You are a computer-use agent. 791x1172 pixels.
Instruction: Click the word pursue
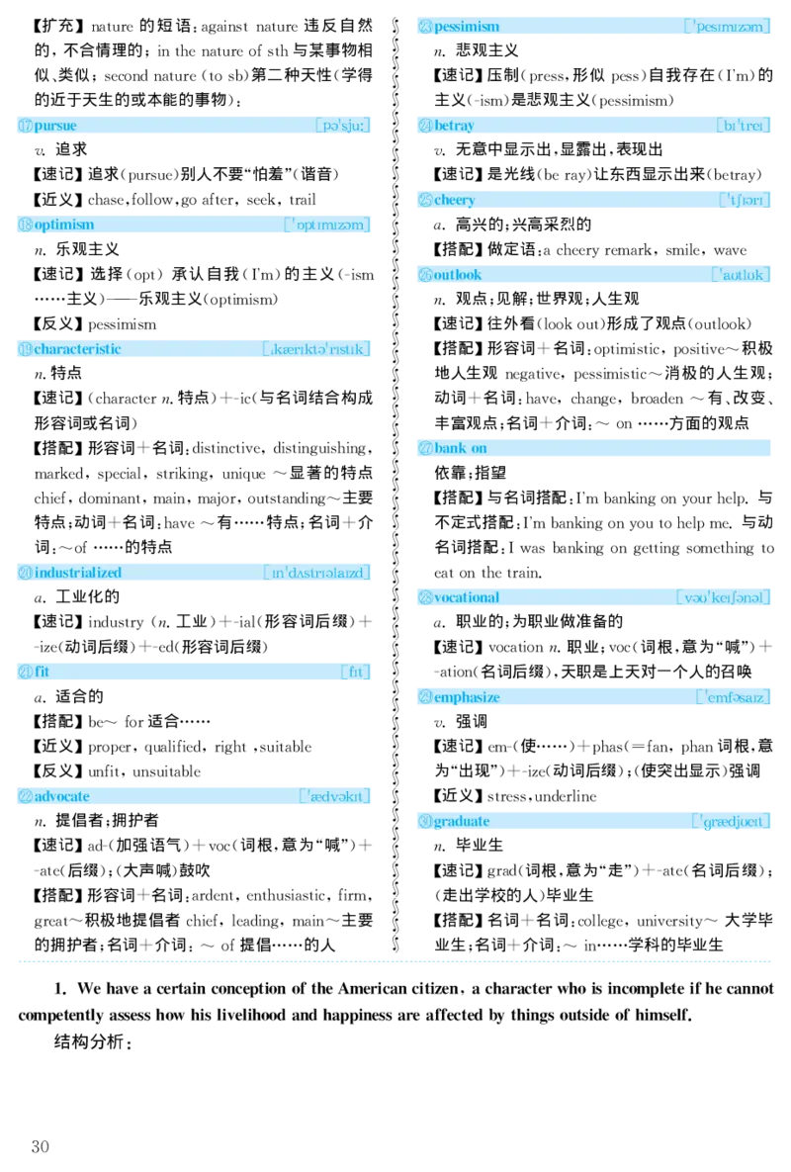tap(55, 126)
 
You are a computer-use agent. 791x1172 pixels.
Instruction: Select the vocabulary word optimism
tap(64, 225)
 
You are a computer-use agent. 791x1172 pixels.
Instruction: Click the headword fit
tap(42, 672)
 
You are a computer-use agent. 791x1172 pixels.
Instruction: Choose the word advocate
tap(61, 796)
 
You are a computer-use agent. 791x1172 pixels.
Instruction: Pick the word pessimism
tap(466, 27)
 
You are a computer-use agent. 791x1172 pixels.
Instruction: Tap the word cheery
tap(454, 200)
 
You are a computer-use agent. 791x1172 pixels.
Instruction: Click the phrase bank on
tap(460, 448)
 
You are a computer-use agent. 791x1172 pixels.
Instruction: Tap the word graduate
tap(461, 821)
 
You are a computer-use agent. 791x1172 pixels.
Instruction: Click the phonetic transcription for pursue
tap(343, 126)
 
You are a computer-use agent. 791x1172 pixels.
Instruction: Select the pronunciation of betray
tap(745, 126)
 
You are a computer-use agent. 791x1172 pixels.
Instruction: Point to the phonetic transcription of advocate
tap(335, 796)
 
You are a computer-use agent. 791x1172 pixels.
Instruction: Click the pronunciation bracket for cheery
tap(745, 200)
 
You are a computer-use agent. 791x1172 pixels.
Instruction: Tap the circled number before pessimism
tap(424, 27)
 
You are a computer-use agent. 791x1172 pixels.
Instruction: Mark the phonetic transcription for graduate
tap(732, 821)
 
